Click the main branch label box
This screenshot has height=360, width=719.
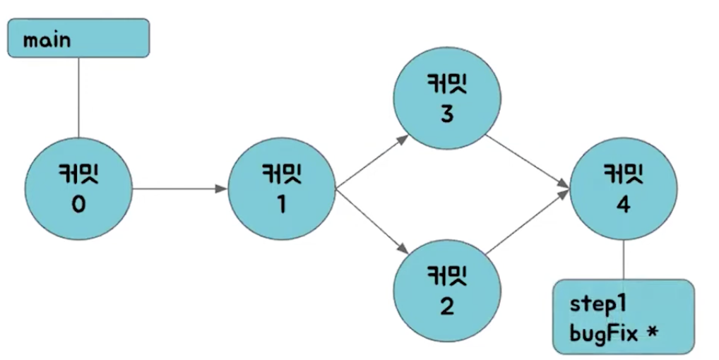(78, 38)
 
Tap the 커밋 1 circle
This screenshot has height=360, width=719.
(281, 189)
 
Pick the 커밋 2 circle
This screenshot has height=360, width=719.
(448, 290)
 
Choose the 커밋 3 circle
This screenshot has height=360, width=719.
(448, 97)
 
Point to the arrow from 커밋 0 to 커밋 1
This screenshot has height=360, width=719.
(179, 189)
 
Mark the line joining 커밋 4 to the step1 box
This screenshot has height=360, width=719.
(623, 260)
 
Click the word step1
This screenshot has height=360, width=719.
(597, 304)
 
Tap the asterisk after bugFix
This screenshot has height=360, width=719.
(651, 328)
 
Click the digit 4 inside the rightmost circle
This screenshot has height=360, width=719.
(623, 204)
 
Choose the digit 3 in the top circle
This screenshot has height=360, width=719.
(446, 114)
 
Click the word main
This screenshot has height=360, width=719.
(47, 40)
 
